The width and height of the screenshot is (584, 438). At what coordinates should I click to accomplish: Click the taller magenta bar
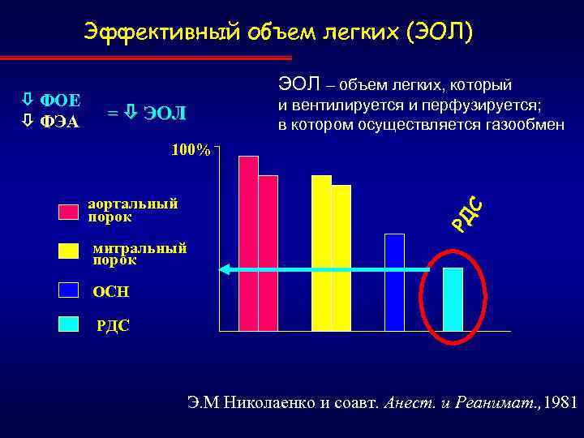pos(248,243)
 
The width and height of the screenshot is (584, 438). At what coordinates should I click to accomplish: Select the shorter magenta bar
pos(268,253)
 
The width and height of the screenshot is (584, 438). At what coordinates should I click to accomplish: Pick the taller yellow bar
pos(322,253)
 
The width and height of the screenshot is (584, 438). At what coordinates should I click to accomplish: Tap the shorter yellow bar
pos(341,258)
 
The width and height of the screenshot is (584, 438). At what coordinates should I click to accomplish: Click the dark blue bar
pos(394,282)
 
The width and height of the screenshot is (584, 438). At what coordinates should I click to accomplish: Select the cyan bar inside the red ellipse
pos(453,299)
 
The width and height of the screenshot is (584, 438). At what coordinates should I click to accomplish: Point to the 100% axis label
pos(191,150)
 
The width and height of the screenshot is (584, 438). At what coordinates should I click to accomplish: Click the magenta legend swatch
pos(68,213)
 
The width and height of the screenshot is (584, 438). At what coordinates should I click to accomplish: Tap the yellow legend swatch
pos(68,251)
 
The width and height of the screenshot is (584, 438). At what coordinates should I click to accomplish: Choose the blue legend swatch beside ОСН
pos(68,290)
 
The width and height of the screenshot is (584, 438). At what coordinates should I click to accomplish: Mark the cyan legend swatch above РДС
pos(68,324)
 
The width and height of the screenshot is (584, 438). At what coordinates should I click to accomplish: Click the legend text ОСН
pos(111,291)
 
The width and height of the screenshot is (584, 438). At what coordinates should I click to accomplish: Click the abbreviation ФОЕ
pos(59,101)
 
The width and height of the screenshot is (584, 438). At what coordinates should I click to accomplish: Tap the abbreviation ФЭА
pos(59,122)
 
